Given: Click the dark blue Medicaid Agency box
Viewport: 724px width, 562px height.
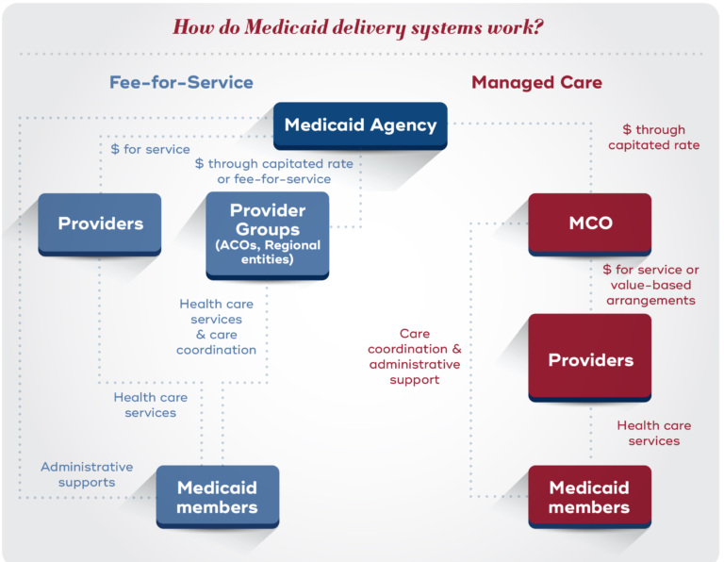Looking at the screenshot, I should [x=361, y=125].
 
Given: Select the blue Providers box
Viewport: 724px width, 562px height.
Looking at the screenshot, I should [x=100, y=223].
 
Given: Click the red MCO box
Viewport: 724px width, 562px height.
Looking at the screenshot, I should [x=590, y=223].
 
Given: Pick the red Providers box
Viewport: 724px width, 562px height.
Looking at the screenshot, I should [x=590, y=359].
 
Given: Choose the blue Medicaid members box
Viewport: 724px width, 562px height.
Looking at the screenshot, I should [x=217, y=497].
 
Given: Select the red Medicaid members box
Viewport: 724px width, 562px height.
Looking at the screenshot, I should [x=589, y=497].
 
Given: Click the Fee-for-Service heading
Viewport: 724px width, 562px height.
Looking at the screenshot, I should [x=181, y=82].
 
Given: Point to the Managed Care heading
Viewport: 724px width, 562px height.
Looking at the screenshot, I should [x=536, y=82].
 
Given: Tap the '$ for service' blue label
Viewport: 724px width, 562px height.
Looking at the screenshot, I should [x=151, y=149].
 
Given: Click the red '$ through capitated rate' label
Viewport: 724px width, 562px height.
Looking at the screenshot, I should [x=653, y=138].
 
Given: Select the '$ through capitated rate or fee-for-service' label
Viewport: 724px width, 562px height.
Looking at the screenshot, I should [x=274, y=171].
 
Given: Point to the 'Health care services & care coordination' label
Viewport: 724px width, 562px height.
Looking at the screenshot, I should [x=217, y=327].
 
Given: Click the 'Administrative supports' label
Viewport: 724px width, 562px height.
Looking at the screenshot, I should [x=87, y=474].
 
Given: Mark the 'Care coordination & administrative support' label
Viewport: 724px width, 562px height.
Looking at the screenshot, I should [x=415, y=356].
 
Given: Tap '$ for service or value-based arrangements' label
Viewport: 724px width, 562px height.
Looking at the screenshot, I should [x=650, y=285].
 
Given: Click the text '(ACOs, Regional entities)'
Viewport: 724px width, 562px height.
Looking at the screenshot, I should [x=267, y=252].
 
